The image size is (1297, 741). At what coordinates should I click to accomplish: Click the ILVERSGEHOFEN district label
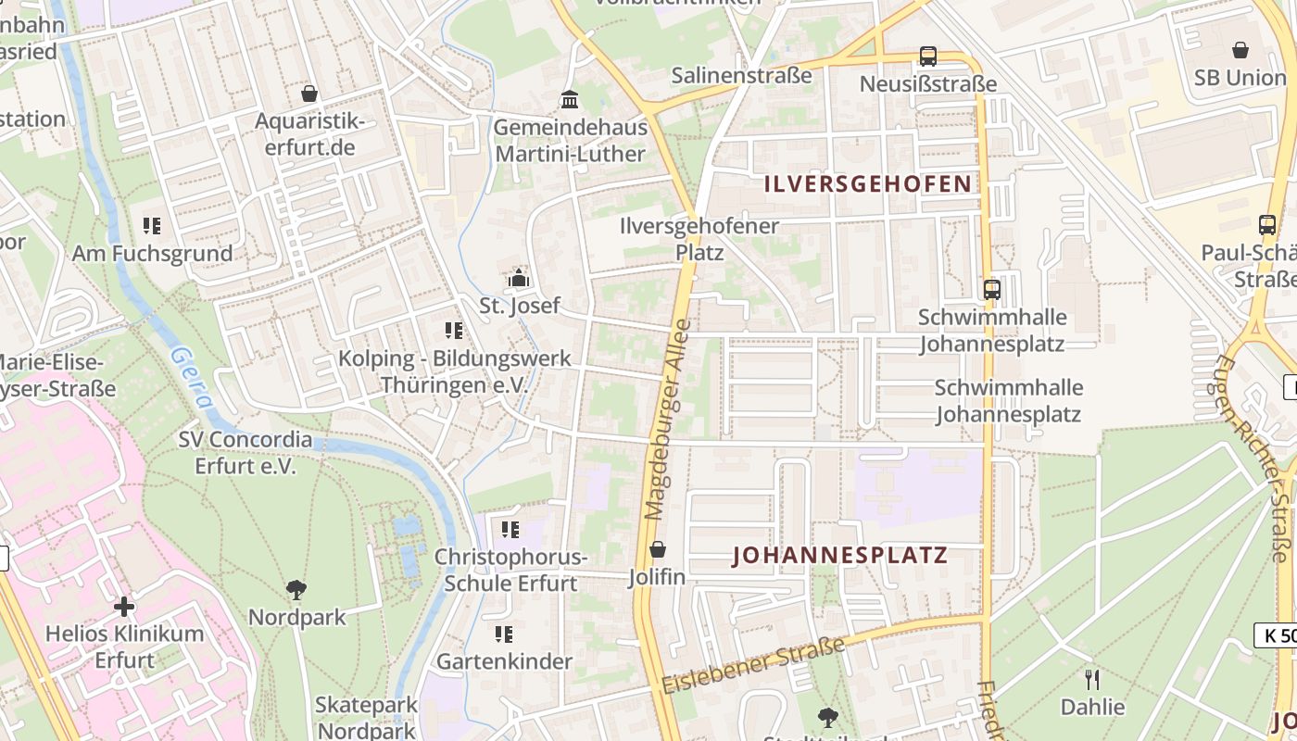click(x=868, y=183)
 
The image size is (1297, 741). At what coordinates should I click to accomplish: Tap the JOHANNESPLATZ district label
click(x=840, y=555)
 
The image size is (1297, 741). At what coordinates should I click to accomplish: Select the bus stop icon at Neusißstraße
click(x=927, y=57)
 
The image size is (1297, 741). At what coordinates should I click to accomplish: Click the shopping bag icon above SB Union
click(x=1240, y=50)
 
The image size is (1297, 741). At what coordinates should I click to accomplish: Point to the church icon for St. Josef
click(x=519, y=278)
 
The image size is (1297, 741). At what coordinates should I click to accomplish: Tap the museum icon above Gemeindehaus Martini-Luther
click(x=569, y=99)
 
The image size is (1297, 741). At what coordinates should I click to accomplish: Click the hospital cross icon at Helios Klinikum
click(x=124, y=607)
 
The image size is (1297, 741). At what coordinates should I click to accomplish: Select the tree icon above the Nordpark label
click(x=296, y=589)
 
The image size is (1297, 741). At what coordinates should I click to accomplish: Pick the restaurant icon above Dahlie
click(x=1092, y=680)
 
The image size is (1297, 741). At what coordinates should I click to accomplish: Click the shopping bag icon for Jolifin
click(x=658, y=550)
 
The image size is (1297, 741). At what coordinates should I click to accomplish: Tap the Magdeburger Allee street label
click(x=668, y=419)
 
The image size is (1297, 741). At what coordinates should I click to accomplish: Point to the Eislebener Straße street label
click(x=752, y=666)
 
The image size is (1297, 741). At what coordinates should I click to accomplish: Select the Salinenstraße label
click(x=741, y=75)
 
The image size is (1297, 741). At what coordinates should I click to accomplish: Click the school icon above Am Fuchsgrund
click(x=152, y=225)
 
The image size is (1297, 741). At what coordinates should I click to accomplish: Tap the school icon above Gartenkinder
click(x=504, y=634)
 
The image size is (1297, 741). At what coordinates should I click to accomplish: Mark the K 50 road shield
click(x=1276, y=635)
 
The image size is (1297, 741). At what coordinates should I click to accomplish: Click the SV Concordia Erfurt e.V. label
click(x=246, y=452)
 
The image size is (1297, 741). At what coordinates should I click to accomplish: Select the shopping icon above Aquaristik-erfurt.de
click(x=309, y=94)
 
